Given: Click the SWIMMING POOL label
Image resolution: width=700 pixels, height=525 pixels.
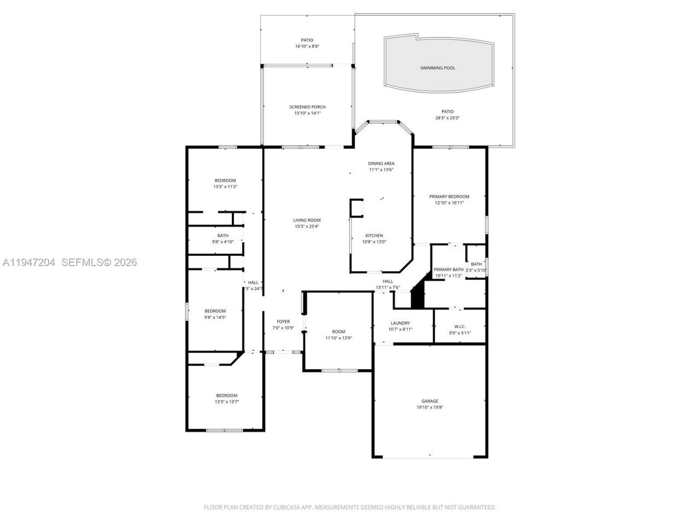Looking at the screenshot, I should pos(437,68).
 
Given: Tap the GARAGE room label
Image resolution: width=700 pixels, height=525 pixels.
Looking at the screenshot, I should pos(429,401).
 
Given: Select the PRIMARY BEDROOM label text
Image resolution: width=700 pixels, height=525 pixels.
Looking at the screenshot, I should pos(449,196).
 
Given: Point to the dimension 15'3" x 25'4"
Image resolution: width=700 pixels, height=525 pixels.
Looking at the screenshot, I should pos(307,226).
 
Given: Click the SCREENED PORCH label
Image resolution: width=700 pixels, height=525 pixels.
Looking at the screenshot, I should pos(307,107).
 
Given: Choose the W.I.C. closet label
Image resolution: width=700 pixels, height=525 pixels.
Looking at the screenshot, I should pos(459,326).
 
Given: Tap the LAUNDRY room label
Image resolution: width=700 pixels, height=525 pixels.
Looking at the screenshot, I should pos(400,323).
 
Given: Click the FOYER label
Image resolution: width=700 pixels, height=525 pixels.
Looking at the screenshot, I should pos(283,322).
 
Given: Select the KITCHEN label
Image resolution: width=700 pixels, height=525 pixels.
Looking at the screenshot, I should pos(374,236).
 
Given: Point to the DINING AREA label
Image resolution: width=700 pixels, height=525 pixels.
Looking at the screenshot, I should pos(381,164).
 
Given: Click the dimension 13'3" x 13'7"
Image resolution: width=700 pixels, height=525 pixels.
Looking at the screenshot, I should pos(226,402).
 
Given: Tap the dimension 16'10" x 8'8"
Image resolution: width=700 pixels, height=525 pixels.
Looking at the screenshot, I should pos(307,46).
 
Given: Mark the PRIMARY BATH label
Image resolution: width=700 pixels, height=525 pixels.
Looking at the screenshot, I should pos(448,270).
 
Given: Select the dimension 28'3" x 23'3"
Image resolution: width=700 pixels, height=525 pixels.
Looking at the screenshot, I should pos(447,118).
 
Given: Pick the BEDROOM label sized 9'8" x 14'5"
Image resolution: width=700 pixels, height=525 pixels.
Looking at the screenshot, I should pos(215,311).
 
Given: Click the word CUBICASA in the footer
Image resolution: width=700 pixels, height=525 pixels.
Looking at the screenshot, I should pos(289,507).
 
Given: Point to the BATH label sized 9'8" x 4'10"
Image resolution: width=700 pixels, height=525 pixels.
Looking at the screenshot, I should pos(223,236).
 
